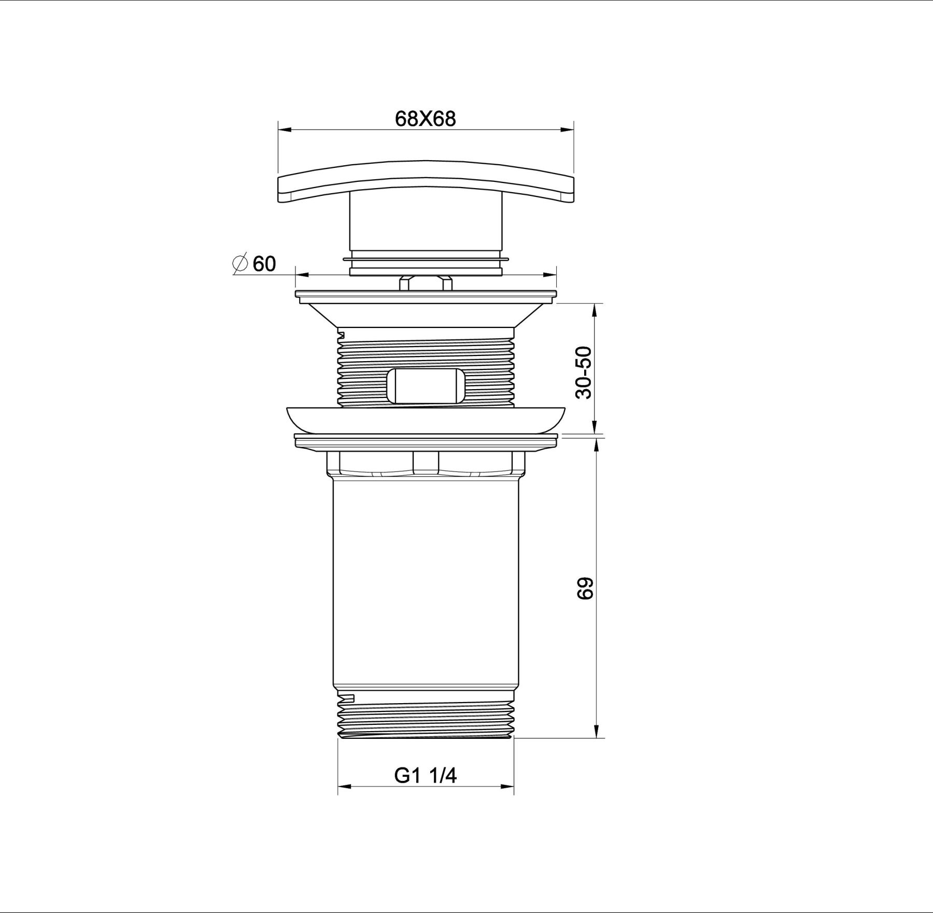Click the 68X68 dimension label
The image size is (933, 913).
pyautogui.click(x=425, y=119)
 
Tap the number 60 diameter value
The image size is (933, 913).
pyautogui.click(x=264, y=264)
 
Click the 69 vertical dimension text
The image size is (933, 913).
pyautogui.click(x=584, y=588)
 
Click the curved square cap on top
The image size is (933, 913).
pyautogui.click(x=426, y=181)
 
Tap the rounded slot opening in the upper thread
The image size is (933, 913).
pyautogui.click(x=426, y=386)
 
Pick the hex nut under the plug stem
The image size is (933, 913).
pyautogui.click(x=426, y=283)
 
